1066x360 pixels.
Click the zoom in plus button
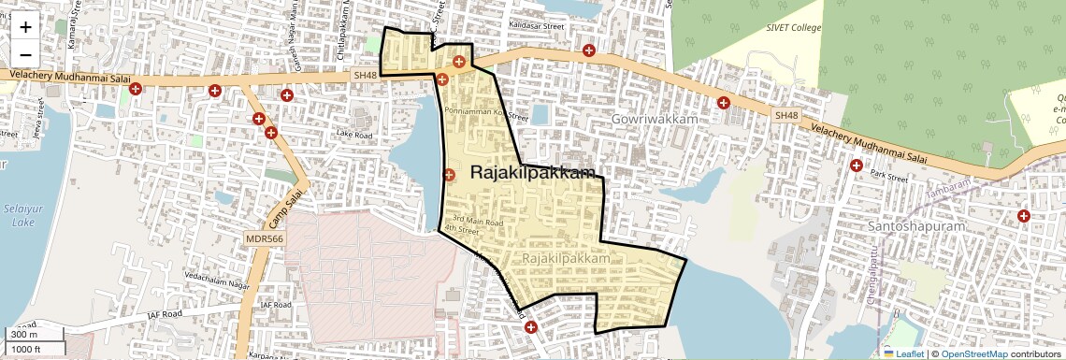pos(25,27)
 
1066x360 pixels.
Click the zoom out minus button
pos(25,54)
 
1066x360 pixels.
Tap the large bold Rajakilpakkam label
pos(533,173)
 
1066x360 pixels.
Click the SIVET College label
pos(793,28)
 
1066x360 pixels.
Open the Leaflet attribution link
pos(904,353)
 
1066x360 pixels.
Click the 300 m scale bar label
pos(23,335)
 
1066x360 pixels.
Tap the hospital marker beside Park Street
pos(856,166)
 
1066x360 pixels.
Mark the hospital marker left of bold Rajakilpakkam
pos(448,175)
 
